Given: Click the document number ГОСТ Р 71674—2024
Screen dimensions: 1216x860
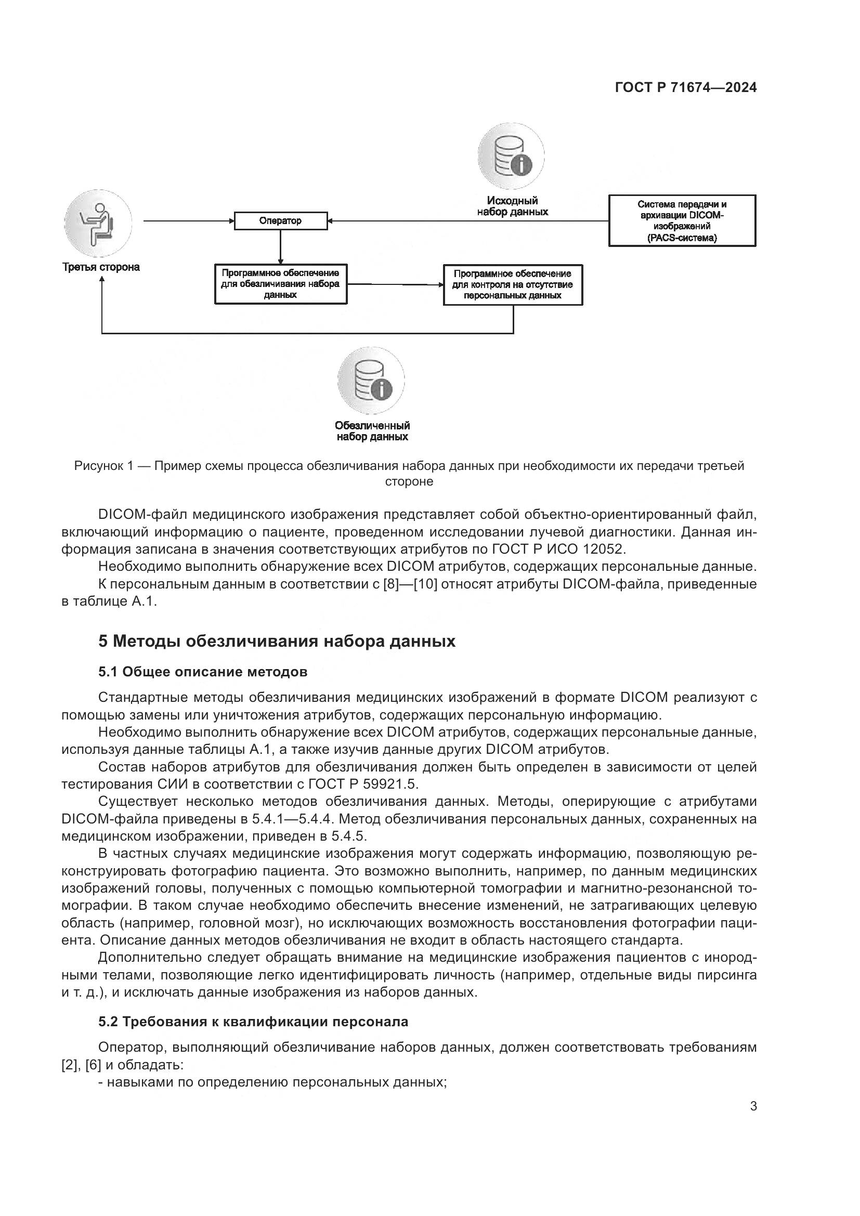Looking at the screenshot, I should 686,88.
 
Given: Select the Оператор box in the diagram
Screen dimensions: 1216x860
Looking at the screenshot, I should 281,221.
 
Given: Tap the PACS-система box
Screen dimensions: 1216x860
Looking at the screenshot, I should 682,221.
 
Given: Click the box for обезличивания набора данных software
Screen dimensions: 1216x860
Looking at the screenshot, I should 281,284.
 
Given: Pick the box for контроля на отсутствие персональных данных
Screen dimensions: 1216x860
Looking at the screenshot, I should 513,285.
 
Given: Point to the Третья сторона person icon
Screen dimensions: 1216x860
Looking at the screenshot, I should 98,223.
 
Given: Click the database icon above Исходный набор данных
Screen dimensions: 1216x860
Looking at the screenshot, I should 511,156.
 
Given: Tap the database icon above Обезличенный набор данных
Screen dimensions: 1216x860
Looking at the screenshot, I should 371,381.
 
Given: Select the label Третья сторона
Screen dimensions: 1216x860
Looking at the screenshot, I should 101,267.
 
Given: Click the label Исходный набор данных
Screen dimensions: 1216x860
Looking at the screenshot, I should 512,206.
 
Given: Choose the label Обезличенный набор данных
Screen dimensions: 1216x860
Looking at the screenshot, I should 372,431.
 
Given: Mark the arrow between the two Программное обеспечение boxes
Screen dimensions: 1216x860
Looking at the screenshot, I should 395,284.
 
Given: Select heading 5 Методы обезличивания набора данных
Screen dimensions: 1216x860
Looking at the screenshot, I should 277,642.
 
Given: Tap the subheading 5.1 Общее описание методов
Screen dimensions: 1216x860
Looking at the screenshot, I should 203,672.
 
